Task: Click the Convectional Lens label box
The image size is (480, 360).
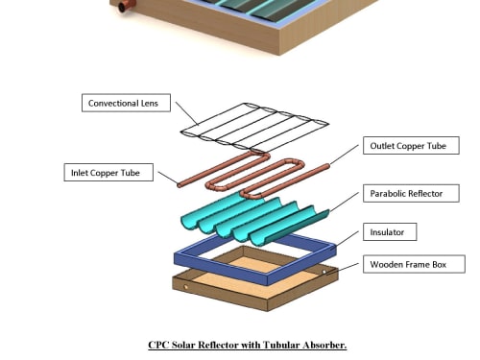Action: (x=126, y=103)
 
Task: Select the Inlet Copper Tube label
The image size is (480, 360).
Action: (x=108, y=173)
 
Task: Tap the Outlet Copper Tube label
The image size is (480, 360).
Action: (x=411, y=146)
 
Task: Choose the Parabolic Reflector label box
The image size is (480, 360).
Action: (x=411, y=193)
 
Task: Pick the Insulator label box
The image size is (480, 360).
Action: (x=390, y=232)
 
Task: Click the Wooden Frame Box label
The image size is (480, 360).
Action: (x=414, y=264)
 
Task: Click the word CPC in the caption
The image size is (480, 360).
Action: (x=158, y=345)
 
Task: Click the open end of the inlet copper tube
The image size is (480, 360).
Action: (x=180, y=185)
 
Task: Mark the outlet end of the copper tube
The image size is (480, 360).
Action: (x=327, y=166)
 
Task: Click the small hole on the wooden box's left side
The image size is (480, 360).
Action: (x=186, y=287)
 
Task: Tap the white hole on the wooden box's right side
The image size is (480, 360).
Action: (x=324, y=272)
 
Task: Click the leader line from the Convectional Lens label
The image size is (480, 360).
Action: (x=186, y=113)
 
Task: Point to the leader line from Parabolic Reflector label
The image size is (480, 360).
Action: (x=345, y=202)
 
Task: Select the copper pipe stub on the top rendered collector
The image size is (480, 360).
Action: (x=126, y=6)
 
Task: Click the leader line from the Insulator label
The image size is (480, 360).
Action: (x=348, y=238)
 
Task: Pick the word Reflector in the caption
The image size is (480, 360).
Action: (x=218, y=345)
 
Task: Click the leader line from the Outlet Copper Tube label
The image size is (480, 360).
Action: (x=345, y=155)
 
